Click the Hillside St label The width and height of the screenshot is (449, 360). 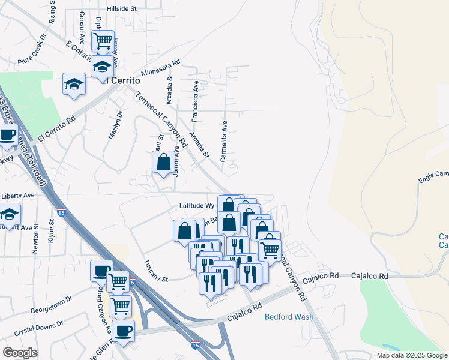tap(122, 10)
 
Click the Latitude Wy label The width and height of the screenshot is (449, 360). tap(197, 205)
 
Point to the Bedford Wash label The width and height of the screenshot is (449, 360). tap(289, 317)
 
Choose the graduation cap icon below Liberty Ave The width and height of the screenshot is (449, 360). tap(10, 214)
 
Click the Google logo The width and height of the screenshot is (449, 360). tap(20, 352)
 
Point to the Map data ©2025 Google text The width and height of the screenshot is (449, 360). tap(411, 355)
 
